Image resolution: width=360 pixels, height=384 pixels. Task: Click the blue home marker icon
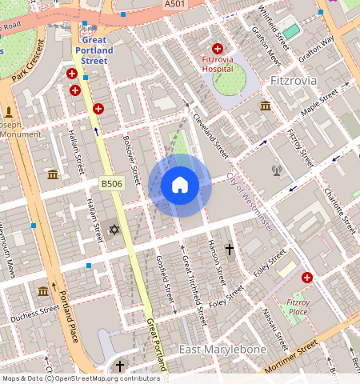(180, 185)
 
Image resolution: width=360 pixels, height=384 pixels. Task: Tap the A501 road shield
(174, 5)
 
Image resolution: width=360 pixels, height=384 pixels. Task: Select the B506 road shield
(112, 184)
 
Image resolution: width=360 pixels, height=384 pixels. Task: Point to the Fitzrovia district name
(294, 81)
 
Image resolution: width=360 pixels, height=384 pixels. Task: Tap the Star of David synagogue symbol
(114, 230)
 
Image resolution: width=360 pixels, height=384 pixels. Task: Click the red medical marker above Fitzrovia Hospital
(218, 50)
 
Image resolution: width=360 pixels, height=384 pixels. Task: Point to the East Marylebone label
(222, 350)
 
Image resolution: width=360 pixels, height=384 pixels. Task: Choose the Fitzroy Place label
(298, 306)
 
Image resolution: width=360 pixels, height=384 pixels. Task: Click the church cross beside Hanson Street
(229, 250)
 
